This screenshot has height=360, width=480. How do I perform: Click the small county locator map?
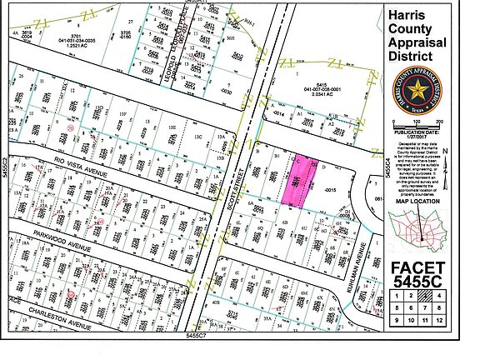[420, 230]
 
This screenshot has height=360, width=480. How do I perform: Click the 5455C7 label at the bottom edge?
[196, 335]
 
